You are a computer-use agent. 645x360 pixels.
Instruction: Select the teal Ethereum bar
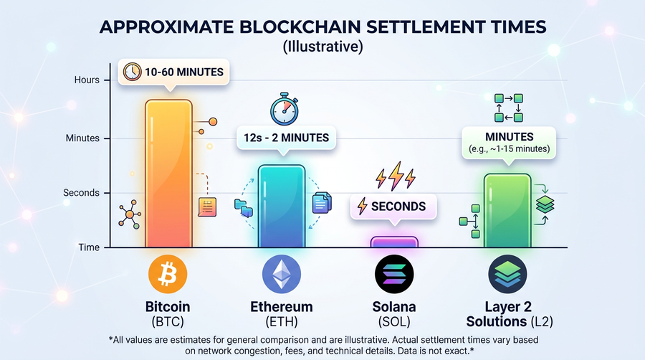(x=281, y=208)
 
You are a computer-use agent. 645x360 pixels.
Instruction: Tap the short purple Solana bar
(x=393, y=242)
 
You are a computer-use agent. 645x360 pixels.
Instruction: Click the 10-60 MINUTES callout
(x=173, y=72)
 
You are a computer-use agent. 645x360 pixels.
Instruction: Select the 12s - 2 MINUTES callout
(x=282, y=138)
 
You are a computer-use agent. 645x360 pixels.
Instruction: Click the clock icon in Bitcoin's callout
(x=132, y=72)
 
